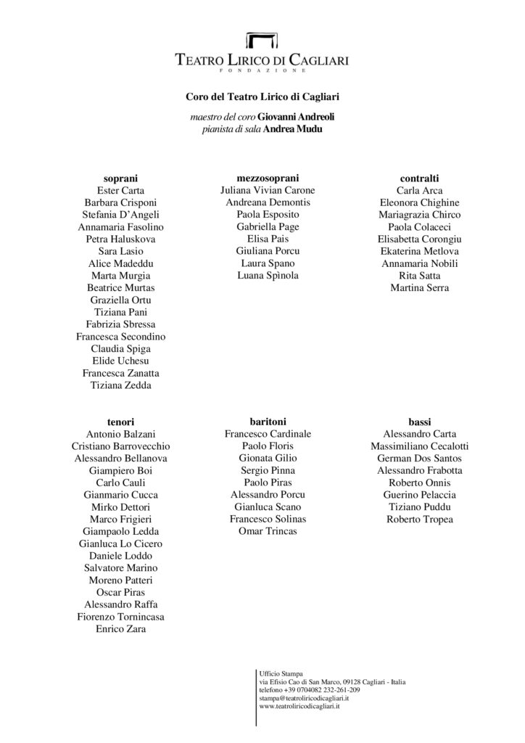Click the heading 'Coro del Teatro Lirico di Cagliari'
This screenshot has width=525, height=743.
pos(262,95)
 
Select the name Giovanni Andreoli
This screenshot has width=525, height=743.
pos(294,116)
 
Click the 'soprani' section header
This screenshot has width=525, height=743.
pos(120,178)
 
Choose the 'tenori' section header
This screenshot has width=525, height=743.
pos(120,422)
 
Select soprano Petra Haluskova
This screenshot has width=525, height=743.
pos(120,239)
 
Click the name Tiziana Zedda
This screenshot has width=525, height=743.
pos(120,385)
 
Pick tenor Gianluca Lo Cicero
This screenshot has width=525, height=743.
pos(120,543)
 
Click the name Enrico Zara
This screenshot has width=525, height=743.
pos(120,629)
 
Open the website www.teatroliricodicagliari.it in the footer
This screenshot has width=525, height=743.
pos(299,706)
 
